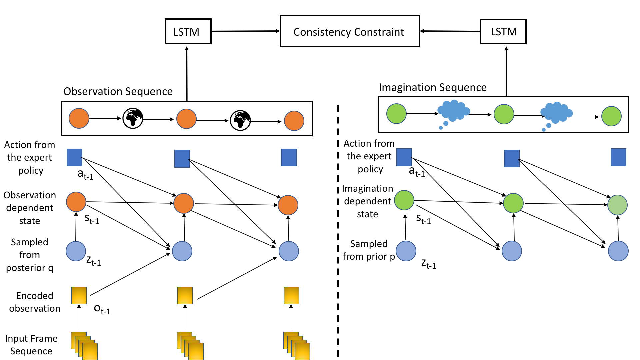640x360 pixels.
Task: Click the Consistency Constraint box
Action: (350, 31)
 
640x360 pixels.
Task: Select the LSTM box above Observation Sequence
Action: (188, 31)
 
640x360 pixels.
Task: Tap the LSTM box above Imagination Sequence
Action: (503, 31)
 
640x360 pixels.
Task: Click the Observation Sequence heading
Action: (118, 91)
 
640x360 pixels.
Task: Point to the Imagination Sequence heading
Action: (432, 87)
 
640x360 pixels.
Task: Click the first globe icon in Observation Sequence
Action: (133, 118)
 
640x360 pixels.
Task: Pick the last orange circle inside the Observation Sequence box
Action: (294, 121)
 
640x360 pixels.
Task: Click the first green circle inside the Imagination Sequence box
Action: (396, 114)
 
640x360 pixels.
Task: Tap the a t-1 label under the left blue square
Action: (85, 174)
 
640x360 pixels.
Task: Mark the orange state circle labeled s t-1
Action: (76, 202)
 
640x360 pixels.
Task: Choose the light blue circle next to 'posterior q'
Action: (76, 251)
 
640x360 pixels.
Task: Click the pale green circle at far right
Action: (617, 205)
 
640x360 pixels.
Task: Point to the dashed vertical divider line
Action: (338, 233)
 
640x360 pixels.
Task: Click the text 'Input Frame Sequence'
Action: (31, 345)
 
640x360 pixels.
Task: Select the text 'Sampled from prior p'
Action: (369, 250)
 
